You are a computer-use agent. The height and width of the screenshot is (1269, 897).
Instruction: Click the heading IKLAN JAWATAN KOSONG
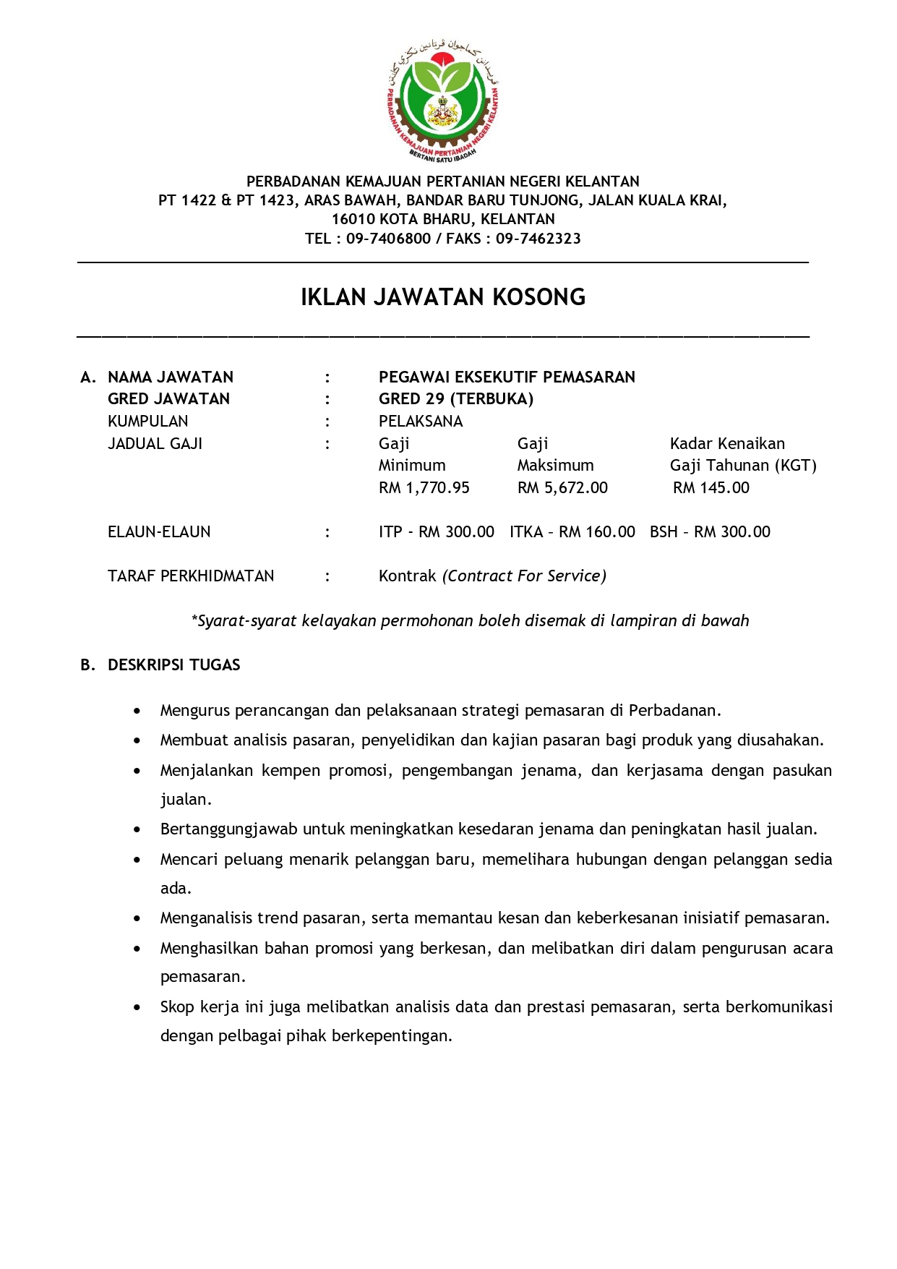[442, 297]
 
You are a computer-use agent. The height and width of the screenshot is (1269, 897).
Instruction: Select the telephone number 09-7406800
[388, 239]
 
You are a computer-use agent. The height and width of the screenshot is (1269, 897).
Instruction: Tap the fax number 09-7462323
[538, 239]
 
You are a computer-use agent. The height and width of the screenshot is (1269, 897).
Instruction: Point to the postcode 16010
[353, 219]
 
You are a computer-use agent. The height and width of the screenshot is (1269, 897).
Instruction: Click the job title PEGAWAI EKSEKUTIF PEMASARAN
[507, 377]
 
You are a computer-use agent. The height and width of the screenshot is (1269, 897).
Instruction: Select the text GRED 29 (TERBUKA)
[455, 399]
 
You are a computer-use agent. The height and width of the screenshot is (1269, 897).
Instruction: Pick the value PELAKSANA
[420, 422]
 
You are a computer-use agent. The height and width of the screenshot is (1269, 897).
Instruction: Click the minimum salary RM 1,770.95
[424, 488]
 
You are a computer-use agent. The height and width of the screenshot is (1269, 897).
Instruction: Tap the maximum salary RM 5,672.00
[562, 488]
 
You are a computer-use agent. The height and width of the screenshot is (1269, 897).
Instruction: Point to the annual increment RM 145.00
[711, 488]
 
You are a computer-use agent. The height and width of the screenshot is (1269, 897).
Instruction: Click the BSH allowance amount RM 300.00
[732, 532]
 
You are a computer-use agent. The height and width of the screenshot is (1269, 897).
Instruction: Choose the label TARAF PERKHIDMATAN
[191, 576]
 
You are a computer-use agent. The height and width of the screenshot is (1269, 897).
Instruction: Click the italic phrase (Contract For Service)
[525, 576]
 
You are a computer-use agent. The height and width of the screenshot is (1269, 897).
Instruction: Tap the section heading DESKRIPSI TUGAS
[173, 665]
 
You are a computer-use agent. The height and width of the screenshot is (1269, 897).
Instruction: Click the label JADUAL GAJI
[155, 444]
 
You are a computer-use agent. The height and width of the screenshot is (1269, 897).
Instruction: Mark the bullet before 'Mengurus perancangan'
[137, 711]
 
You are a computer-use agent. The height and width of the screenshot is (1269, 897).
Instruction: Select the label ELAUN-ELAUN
[159, 532]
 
